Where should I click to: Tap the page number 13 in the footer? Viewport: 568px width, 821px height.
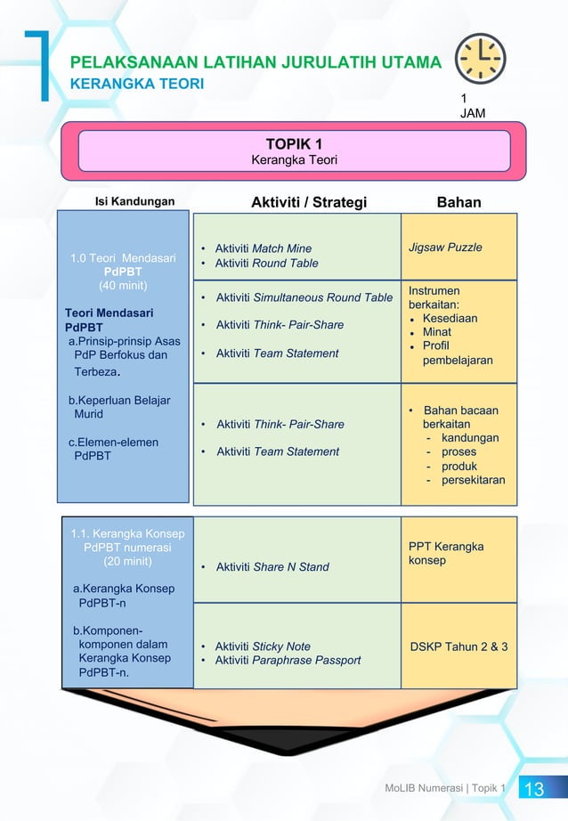[x=534, y=789]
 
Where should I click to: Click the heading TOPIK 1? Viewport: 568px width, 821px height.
[x=294, y=144]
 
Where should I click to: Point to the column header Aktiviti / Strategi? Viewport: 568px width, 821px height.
[x=309, y=202]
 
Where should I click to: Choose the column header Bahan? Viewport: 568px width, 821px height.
[x=458, y=202]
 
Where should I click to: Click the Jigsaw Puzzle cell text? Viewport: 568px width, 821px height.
[x=445, y=247]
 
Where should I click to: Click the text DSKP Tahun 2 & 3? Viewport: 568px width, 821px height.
[x=459, y=646]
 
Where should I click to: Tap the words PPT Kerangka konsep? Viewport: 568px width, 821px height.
[x=446, y=553]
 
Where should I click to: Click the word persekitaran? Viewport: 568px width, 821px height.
[x=473, y=480]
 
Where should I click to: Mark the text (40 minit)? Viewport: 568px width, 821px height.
[x=123, y=286]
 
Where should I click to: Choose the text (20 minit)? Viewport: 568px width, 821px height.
[x=127, y=561]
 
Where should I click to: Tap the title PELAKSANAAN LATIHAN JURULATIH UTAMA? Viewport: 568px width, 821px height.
[x=256, y=62]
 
